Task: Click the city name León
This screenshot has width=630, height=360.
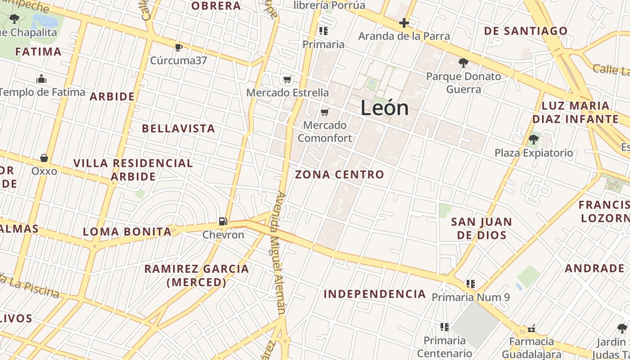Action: (385, 108)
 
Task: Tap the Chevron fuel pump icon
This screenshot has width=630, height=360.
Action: (223, 221)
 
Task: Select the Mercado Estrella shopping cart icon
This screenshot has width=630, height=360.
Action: (287, 80)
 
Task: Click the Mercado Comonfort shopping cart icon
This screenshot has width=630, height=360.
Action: (325, 112)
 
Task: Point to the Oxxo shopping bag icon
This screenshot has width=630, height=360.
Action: (44, 158)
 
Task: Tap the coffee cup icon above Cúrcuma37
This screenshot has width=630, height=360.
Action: (179, 47)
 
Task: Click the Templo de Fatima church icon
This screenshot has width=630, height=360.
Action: (42, 79)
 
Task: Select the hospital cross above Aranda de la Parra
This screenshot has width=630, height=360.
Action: (404, 23)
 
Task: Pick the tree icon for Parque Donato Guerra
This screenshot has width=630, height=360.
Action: (463, 63)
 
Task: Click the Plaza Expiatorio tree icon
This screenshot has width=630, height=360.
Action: (534, 139)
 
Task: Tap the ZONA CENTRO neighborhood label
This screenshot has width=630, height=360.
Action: (340, 175)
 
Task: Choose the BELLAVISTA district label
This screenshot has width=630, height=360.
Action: (179, 129)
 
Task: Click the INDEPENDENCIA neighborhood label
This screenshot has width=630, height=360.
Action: (375, 294)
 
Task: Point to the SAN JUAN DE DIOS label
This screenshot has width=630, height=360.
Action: (481, 228)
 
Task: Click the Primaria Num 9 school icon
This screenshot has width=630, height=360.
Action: (471, 283)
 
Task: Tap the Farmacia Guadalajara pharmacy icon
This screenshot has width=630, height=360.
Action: (531, 328)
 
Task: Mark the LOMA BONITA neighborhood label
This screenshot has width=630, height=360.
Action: (127, 232)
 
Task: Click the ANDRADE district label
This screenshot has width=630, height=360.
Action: (594, 269)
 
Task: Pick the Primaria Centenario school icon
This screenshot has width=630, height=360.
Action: (445, 327)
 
